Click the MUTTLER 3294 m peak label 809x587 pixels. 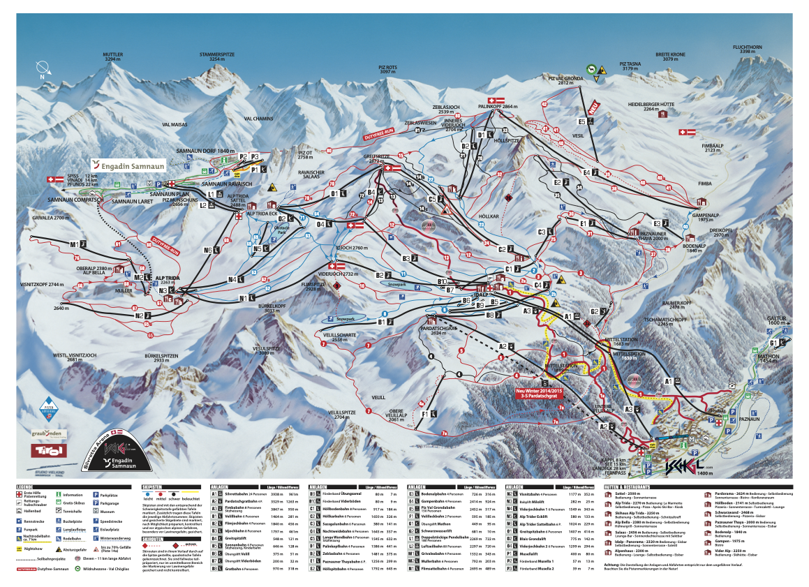pos(112,57)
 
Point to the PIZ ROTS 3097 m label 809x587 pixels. pos(387,69)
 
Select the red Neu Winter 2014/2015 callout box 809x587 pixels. pos(539,393)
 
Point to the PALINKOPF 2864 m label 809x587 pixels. pos(498,107)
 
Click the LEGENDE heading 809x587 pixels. pos(25,486)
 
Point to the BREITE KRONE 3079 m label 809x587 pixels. pos(670,57)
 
